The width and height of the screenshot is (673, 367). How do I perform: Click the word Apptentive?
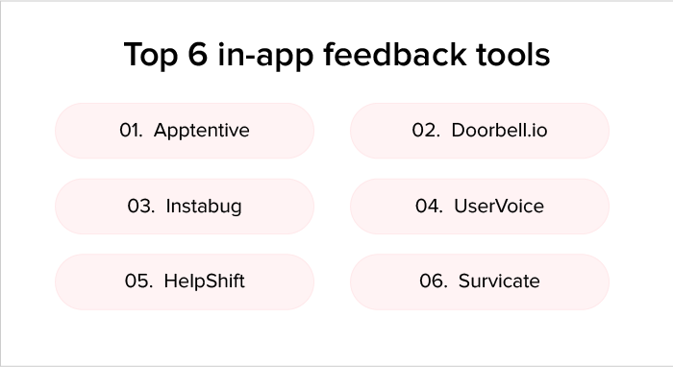click(x=201, y=131)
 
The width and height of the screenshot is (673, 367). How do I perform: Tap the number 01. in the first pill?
click(x=131, y=131)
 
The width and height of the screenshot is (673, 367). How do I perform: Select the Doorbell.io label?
click(x=499, y=131)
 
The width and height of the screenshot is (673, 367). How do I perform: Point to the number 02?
click(x=426, y=131)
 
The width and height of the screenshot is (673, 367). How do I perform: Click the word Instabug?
click(x=204, y=207)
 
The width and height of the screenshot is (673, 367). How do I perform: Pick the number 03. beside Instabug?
click(x=141, y=207)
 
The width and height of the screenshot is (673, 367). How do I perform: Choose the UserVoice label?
click(x=499, y=207)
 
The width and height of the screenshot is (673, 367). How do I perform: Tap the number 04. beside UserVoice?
click(x=429, y=207)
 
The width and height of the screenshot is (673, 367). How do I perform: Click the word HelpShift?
click(x=205, y=281)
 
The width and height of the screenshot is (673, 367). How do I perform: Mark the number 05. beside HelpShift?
click(x=139, y=281)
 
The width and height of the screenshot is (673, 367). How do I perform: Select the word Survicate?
click(x=499, y=281)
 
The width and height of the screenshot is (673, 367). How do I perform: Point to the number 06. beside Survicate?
click(x=434, y=281)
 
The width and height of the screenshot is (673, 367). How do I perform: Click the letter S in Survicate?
click(x=463, y=281)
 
